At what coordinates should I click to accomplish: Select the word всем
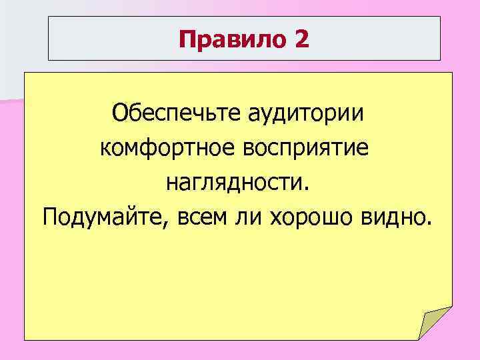(199, 216)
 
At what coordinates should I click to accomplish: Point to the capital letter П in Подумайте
(49, 216)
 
